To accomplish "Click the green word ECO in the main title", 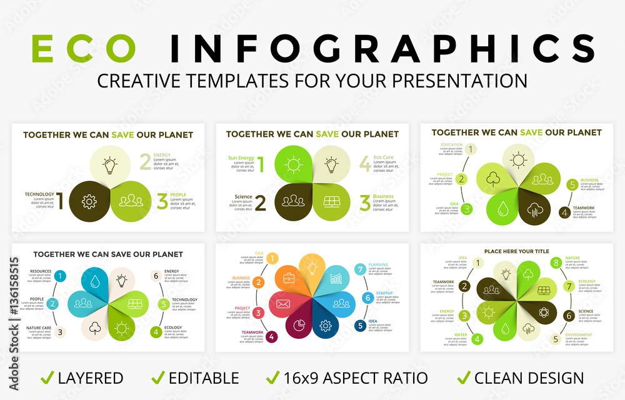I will (x=84, y=49).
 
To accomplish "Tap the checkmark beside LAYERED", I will (x=47, y=377).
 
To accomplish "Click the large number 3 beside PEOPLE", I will (x=162, y=201).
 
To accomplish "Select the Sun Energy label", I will (x=241, y=158).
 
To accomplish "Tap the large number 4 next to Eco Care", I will (x=364, y=164).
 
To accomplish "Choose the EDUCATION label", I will (x=451, y=145).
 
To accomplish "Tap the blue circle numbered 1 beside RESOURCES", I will (x=60, y=276).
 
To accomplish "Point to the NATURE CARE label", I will (x=39, y=327).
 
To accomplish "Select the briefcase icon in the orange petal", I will (x=289, y=277).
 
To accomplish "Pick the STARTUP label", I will (x=384, y=293).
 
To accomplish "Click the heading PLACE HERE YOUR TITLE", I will (x=516, y=251).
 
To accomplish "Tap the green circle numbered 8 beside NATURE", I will (x=556, y=263).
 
